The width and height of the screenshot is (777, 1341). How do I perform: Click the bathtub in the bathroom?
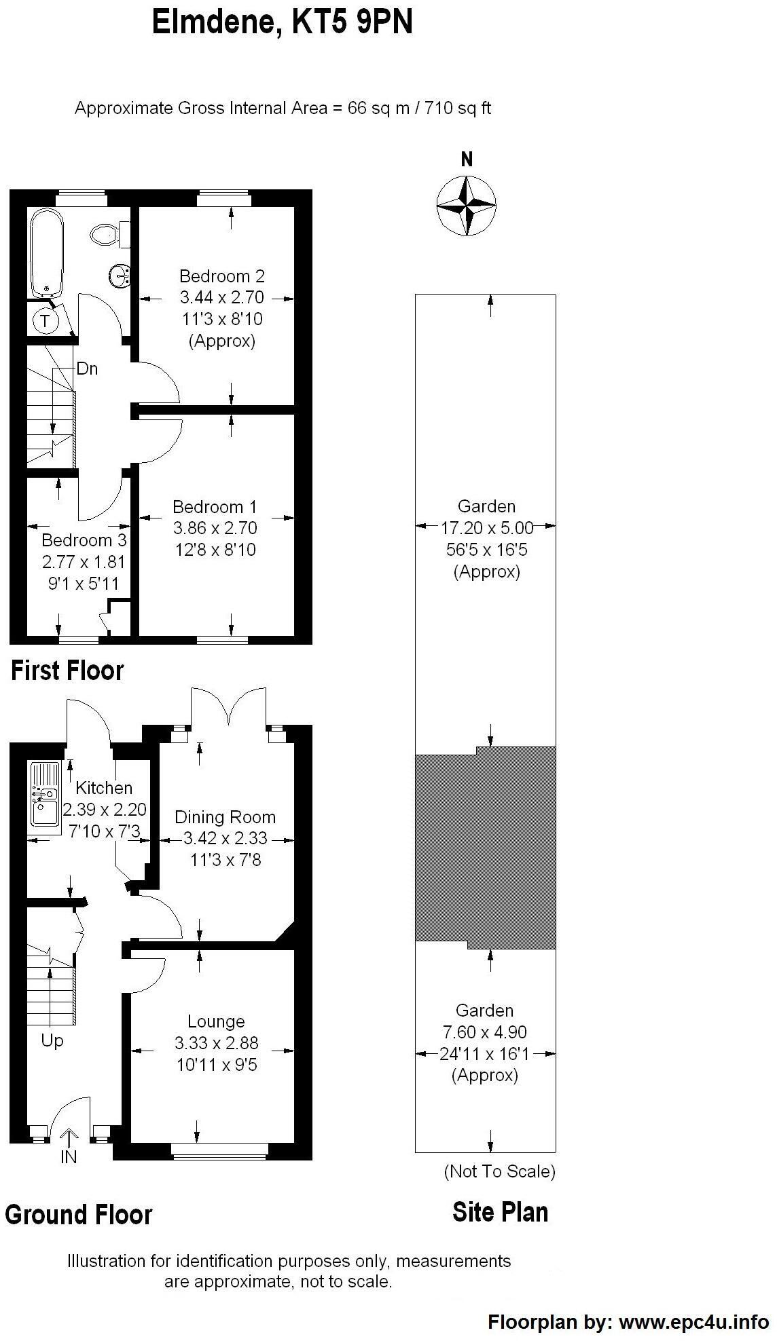(46, 253)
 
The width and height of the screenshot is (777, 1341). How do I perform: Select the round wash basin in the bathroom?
(119, 276)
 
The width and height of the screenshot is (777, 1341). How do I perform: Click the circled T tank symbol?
(46, 321)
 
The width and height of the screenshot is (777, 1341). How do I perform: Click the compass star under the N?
(466, 205)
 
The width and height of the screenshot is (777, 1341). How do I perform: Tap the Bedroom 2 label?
(221, 276)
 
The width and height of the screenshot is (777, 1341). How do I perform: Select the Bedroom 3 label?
(84, 541)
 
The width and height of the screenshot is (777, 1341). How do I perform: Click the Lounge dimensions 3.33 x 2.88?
(216, 1043)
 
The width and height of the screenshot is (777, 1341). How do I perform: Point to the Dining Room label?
(225, 817)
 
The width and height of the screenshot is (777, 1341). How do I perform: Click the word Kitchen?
(104, 788)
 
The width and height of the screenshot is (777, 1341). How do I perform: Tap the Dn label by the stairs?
(87, 369)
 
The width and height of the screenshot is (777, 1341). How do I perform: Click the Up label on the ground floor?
(52, 1040)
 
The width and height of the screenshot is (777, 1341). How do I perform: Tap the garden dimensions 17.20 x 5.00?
(487, 527)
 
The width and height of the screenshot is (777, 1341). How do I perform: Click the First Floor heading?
(67, 671)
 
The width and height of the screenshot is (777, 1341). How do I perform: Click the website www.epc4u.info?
(693, 1321)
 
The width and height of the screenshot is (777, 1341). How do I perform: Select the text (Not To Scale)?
(499, 1171)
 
